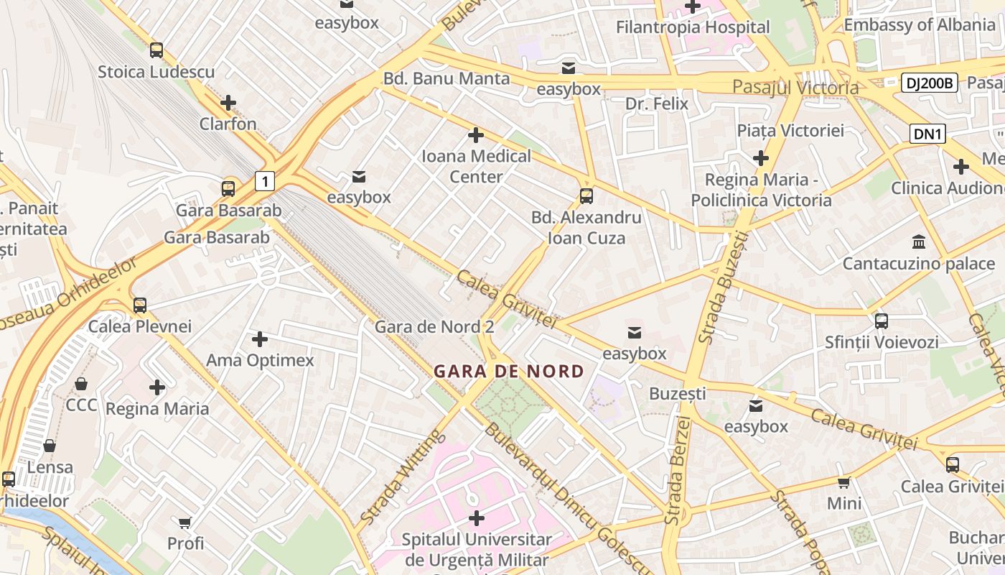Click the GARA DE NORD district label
click(508, 372)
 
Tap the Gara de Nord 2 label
click(434, 327)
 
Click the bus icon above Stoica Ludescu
click(156, 50)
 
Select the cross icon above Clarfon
click(228, 103)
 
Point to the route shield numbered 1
click(265, 181)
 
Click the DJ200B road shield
click(929, 83)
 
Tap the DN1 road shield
click(928, 134)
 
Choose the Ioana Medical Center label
click(476, 166)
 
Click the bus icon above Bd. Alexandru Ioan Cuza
click(586, 195)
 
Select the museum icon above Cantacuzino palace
click(918, 241)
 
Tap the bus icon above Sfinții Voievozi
click(882, 321)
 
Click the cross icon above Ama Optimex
click(260, 339)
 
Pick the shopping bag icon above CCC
click(81, 384)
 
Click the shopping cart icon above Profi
click(185, 522)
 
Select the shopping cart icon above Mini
click(844, 482)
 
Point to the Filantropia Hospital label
click(693, 27)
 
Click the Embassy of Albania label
click(920, 24)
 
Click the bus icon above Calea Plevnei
click(140, 305)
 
